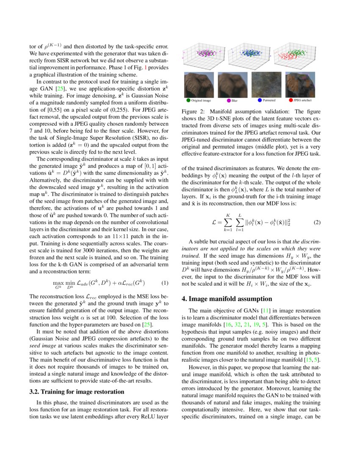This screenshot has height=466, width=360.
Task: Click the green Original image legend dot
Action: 188,100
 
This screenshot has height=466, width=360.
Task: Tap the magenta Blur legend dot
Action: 229,100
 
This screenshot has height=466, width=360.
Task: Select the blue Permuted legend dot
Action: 260,100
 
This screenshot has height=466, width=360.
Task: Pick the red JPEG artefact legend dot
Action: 290,100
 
